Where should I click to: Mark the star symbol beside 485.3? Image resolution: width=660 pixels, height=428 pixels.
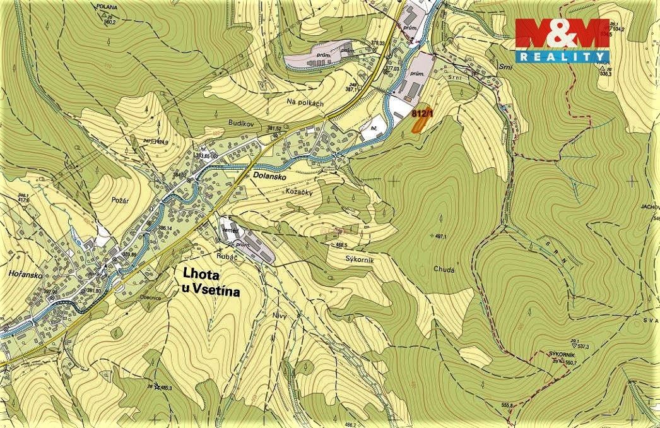pos(150,386)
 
